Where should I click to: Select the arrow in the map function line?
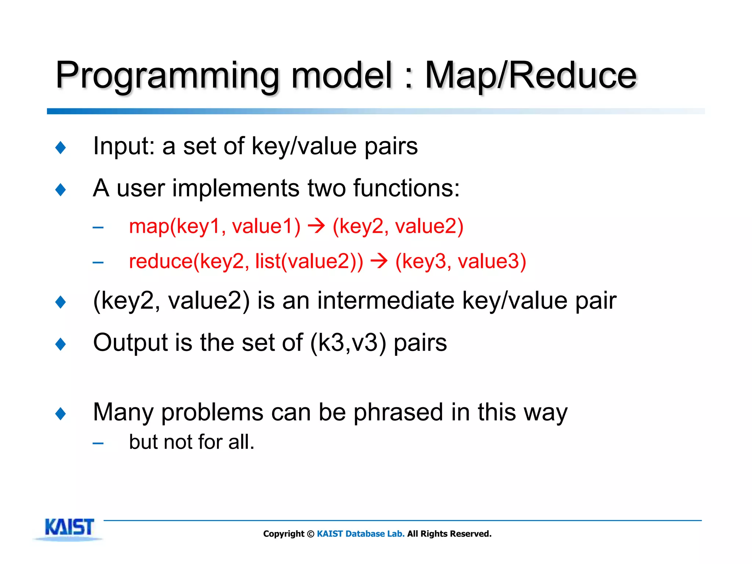316,225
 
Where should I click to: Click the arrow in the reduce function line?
379,261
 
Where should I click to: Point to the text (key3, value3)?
460,261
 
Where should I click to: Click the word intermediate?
386,300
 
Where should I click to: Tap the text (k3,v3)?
348,343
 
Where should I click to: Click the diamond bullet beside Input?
61,148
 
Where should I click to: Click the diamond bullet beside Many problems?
61,414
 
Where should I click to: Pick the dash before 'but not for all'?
98,444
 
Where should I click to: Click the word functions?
406,188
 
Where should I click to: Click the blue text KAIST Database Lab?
361,534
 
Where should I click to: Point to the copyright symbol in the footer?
311,534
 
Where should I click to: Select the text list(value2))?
309,261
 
